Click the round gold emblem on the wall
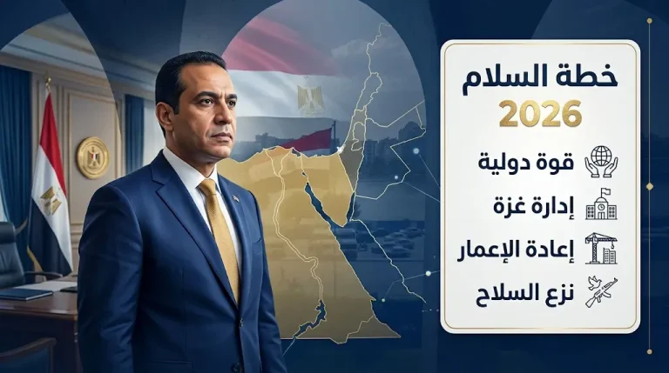[91, 157]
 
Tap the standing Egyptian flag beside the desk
[51, 191]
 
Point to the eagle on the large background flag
[310, 97]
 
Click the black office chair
[10, 252]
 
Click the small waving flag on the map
[309, 140]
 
